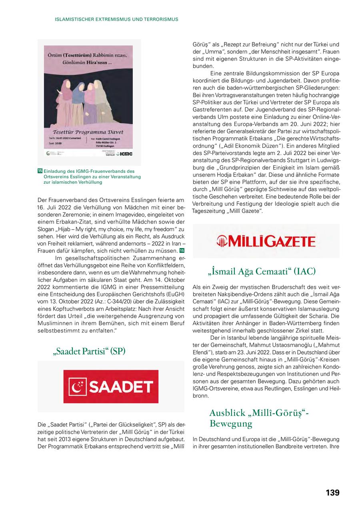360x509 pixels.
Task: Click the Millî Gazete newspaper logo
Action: click(x=266, y=241)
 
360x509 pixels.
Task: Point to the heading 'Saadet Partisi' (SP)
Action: click(x=89, y=351)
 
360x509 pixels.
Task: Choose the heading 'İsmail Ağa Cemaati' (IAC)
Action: click(x=262, y=272)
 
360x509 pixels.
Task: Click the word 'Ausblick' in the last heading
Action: click(x=227, y=413)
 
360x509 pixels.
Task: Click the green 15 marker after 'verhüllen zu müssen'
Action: click(x=182, y=250)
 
